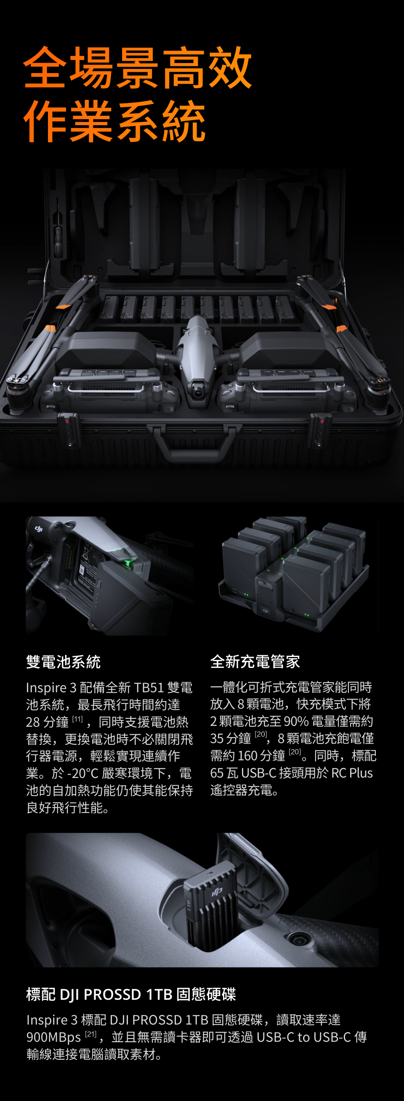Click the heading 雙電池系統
[x=64, y=662]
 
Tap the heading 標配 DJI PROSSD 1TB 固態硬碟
[x=131, y=994]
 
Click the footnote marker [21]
[x=91, y=1034]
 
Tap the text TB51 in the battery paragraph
[x=149, y=687]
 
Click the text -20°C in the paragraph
[x=83, y=773]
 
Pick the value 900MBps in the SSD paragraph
[x=53, y=1037]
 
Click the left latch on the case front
[x=68, y=430]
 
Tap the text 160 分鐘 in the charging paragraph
[x=261, y=756]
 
